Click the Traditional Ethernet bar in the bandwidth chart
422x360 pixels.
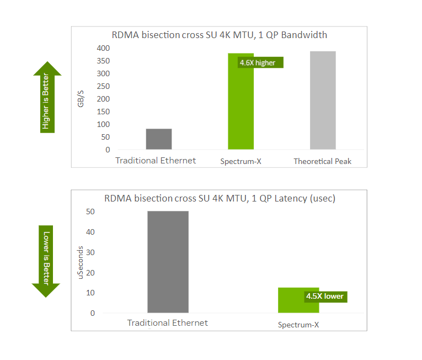pos(159,139)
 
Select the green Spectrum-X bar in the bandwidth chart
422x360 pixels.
pos(241,105)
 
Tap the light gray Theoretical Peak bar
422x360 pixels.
pos(323,100)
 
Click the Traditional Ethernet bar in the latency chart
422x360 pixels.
pos(168,262)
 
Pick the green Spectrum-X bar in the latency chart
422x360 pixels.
pos(290,301)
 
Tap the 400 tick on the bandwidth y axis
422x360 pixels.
pos(103,48)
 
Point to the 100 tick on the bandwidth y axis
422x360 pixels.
pos(103,124)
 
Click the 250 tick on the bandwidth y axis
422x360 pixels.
pos(103,86)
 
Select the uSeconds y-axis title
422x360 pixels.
pos(81,262)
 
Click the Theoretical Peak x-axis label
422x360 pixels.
pos(322,162)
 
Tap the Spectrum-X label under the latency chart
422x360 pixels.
pos(298,325)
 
